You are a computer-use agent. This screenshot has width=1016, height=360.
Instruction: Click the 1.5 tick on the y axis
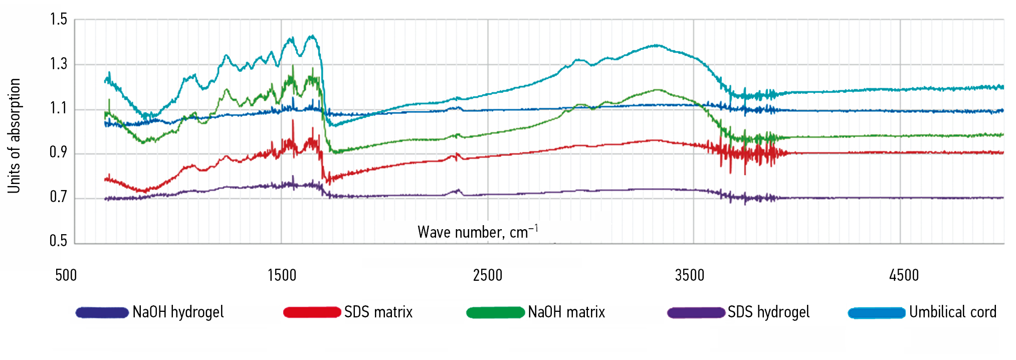click(x=59, y=20)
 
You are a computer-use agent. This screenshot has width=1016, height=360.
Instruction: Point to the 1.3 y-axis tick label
click(x=59, y=64)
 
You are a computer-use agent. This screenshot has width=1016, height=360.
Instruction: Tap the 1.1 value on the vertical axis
click(x=59, y=108)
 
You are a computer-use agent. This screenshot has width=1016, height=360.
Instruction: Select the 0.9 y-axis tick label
click(x=59, y=152)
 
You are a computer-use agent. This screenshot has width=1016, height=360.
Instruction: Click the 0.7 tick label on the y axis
click(x=59, y=197)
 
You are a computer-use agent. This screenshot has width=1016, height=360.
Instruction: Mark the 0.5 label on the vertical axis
click(x=59, y=241)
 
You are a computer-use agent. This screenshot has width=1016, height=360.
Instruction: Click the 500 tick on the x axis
click(x=66, y=275)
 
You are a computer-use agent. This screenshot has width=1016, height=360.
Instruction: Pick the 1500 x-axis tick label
click(x=282, y=275)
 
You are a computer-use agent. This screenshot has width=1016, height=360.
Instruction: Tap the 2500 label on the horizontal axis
click(x=488, y=275)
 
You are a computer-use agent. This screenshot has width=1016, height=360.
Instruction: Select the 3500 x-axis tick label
click(x=690, y=275)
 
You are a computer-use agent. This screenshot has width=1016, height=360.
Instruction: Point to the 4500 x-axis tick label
click(x=904, y=275)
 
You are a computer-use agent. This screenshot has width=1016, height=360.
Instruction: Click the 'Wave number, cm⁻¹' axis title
click(x=478, y=232)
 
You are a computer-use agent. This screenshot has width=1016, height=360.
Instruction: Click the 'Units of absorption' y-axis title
click(x=14, y=135)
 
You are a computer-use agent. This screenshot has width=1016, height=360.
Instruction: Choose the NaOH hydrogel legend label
click(x=178, y=312)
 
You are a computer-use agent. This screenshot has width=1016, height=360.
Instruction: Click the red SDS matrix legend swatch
click(x=312, y=312)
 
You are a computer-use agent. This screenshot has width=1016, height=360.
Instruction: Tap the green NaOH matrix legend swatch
click(x=495, y=312)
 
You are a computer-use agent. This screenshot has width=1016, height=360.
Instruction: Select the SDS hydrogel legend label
click(x=768, y=312)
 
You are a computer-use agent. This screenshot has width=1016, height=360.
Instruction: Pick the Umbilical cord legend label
click(x=952, y=312)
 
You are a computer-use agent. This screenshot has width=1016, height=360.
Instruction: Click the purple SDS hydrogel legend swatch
click(x=696, y=312)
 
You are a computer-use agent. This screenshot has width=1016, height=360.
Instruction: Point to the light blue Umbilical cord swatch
click(x=877, y=312)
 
